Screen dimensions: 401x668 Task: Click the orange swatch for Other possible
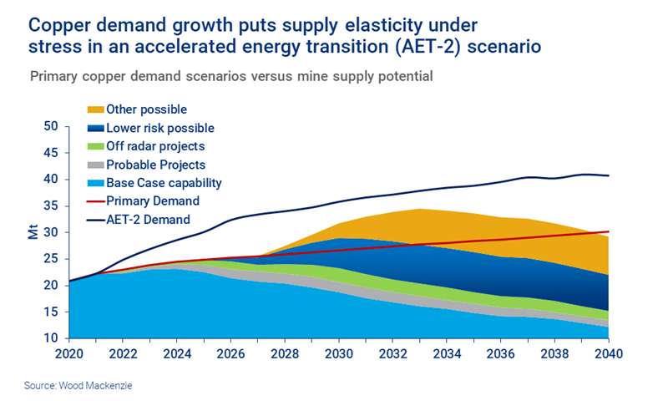tap(95, 109)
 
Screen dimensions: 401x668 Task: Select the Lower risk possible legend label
tap(159, 128)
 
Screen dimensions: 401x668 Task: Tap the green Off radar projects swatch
tap(95, 146)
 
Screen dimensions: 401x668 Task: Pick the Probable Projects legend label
tap(155, 165)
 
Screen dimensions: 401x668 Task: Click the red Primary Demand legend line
tap(95, 201)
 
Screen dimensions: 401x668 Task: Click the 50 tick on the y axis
tap(51, 127)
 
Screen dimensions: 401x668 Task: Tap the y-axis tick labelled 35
tap(51, 206)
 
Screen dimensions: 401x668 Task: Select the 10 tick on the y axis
tap(51, 338)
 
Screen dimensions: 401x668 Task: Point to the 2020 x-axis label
tap(69, 353)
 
